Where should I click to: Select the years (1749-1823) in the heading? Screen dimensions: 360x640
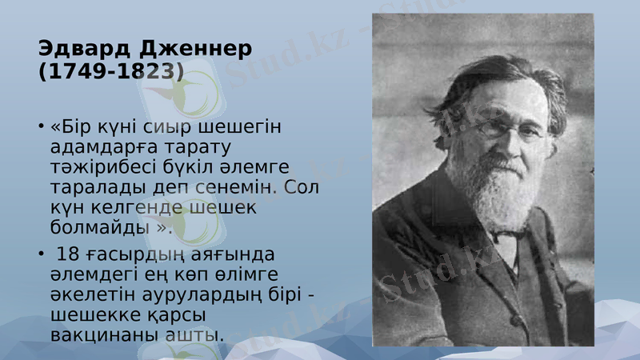(110, 72)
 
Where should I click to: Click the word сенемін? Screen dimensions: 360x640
(240, 186)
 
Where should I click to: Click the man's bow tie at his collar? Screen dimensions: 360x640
(502, 237)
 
